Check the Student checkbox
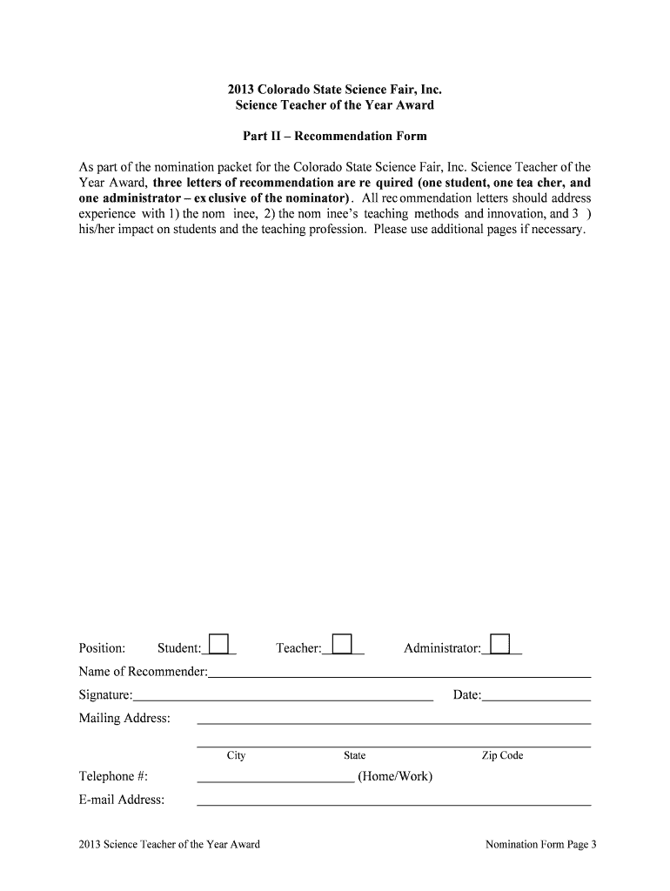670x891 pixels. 218,643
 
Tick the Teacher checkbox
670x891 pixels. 343,643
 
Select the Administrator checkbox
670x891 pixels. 499,643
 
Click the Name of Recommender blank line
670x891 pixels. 399,675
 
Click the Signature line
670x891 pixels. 283,699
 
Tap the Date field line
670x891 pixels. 536,699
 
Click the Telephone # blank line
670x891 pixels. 275,780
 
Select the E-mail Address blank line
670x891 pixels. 393,804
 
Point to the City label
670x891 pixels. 237,756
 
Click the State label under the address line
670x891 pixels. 354,756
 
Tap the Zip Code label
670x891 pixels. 502,756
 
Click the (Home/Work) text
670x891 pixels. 394,776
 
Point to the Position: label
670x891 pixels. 102,648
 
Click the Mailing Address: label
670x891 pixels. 124,718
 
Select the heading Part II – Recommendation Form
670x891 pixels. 334,137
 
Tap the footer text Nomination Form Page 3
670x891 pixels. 540,845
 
